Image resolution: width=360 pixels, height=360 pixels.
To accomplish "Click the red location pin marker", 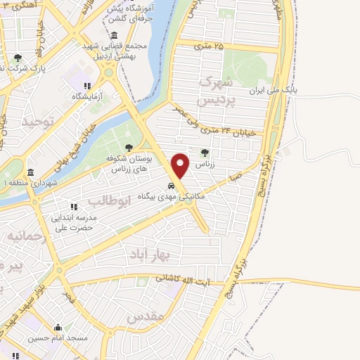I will pos(181,166).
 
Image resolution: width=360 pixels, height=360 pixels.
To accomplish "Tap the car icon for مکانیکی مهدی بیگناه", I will pos(172,186).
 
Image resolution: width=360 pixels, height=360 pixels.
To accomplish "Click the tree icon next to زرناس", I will pos(205,152).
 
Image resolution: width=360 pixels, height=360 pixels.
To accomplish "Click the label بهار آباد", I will pos(147,252).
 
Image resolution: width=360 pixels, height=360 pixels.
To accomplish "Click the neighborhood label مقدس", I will pos(145,317).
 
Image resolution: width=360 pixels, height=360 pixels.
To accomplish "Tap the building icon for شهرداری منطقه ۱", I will pos(30,172).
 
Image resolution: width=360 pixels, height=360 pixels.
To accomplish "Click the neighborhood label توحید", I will pos(37,122).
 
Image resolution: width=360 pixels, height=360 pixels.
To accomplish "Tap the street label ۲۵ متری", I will pos(209,46).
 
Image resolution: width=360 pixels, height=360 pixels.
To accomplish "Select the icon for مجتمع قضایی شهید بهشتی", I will pos(114,36).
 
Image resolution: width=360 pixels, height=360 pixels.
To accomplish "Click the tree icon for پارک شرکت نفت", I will pos(18,58).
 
